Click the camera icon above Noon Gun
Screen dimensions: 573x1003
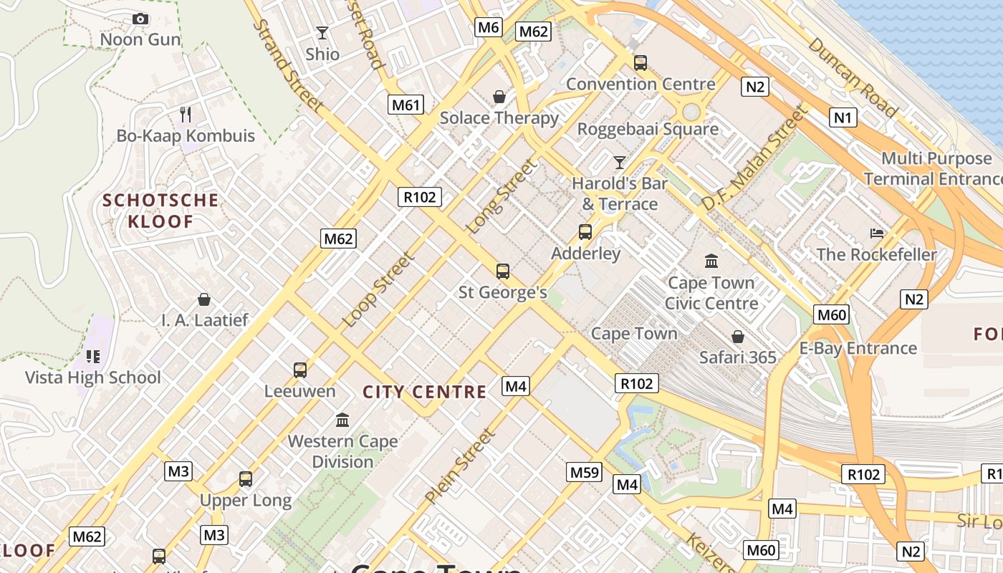click(x=140, y=19)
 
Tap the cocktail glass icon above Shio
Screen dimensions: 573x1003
click(x=322, y=33)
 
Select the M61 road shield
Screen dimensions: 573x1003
click(x=405, y=105)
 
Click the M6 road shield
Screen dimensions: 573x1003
click(x=488, y=27)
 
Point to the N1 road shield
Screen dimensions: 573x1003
click(x=843, y=117)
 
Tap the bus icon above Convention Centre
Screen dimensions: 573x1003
click(x=640, y=63)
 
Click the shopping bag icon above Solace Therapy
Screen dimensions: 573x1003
click(x=499, y=96)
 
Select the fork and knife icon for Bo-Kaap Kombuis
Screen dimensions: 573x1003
click(x=186, y=114)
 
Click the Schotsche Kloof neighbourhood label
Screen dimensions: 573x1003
click(x=160, y=211)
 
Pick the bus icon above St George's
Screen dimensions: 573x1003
click(x=503, y=271)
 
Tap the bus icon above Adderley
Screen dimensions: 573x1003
click(x=585, y=232)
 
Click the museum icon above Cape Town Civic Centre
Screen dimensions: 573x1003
click(x=711, y=261)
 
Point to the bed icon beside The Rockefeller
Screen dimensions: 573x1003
click(x=877, y=233)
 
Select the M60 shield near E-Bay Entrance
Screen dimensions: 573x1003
click(x=831, y=314)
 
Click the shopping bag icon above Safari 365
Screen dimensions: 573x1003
click(x=737, y=335)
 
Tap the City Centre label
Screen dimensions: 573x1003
click(x=425, y=392)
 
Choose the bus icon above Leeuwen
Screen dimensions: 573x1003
click(x=300, y=370)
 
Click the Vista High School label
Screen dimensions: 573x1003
click(x=93, y=377)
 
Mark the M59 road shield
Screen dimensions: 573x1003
click(x=584, y=472)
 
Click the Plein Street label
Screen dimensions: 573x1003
click(x=459, y=466)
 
